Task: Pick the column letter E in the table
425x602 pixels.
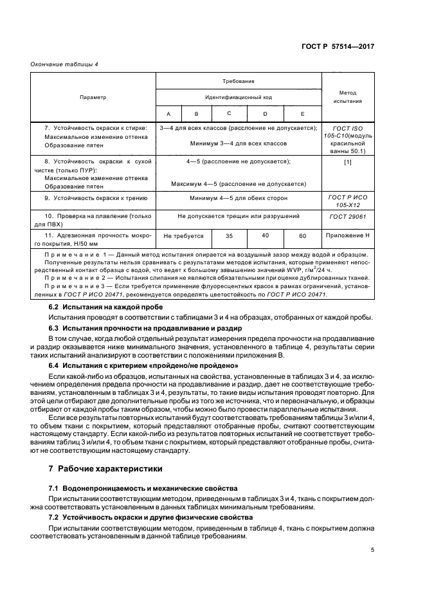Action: pos(302,114)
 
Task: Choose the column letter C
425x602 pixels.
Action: pos(229,113)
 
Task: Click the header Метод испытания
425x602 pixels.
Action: pos(348,96)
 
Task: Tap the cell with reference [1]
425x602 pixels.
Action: pos(348,161)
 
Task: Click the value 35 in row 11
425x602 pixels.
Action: pos(229,236)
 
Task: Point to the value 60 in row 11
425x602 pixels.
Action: pos(302,236)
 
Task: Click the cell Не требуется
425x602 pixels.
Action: pos(183,236)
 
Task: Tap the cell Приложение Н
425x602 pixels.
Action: pos(348,236)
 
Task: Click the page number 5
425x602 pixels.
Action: pos(372,549)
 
